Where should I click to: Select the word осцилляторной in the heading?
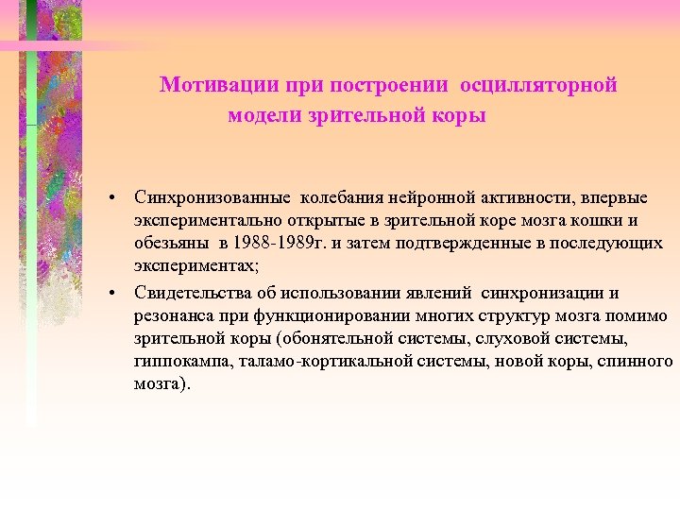pos(538,85)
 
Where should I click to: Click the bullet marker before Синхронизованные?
pos(111,199)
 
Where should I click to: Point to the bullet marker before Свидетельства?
pos(111,292)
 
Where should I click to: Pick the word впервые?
pos(611,198)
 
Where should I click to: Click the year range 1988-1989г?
pos(280,245)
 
